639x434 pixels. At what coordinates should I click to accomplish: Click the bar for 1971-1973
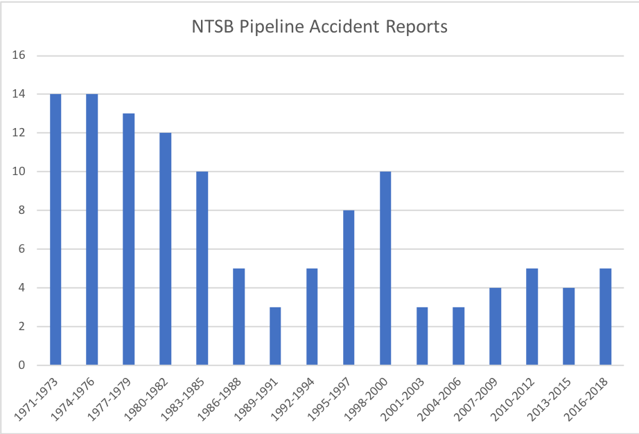click(55, 229)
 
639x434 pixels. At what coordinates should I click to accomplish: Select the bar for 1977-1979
click(128, 239)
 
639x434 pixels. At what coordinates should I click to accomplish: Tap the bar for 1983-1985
click(202, 268)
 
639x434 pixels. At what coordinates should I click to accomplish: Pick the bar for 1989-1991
click(275, 336)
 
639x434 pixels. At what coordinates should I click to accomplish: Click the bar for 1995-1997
click(349, 287)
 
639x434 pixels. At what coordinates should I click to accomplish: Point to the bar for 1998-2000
click(385, 268)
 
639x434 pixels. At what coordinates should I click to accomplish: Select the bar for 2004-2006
click(458, 336)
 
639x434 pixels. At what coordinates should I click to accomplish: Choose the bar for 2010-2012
click(532, 316)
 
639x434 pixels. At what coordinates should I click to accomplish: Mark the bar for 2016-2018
click(605, 316)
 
